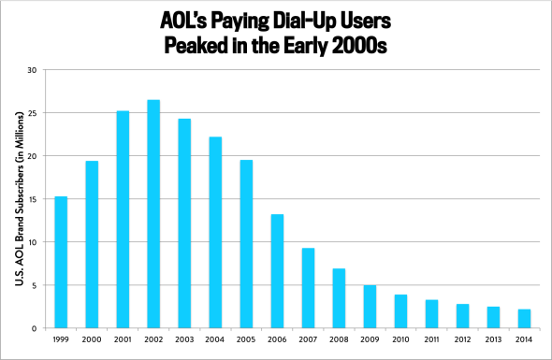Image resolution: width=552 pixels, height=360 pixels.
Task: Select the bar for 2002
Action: point(153,214)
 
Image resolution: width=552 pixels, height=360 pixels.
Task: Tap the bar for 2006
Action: point(277,271)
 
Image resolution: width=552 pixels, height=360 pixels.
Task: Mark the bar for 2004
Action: point(215,233)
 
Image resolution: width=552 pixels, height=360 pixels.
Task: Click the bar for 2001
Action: point(123,220)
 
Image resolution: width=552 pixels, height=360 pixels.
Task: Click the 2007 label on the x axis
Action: point(308,340)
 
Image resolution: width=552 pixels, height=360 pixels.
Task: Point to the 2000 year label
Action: point(92,340)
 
